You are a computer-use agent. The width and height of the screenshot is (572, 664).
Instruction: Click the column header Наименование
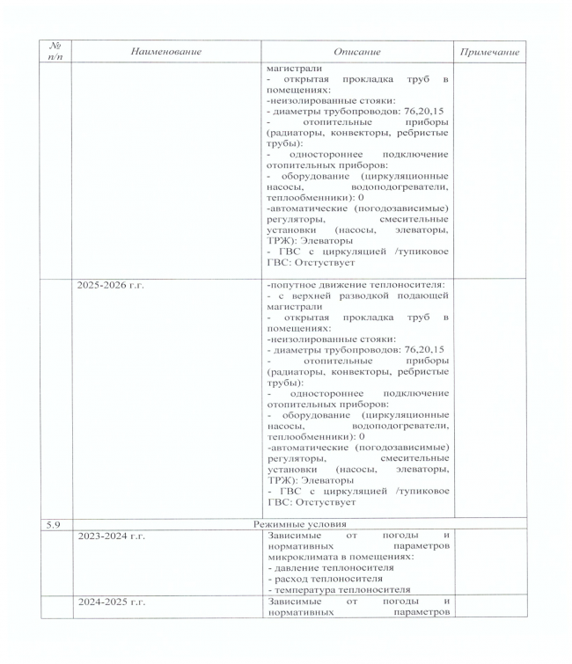coord(165,52)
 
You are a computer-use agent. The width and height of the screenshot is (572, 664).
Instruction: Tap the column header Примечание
coord(489,52)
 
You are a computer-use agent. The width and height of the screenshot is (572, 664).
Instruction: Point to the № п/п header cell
coord(54,52)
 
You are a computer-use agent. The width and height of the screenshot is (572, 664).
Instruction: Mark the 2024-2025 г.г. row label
coord(111,601)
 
